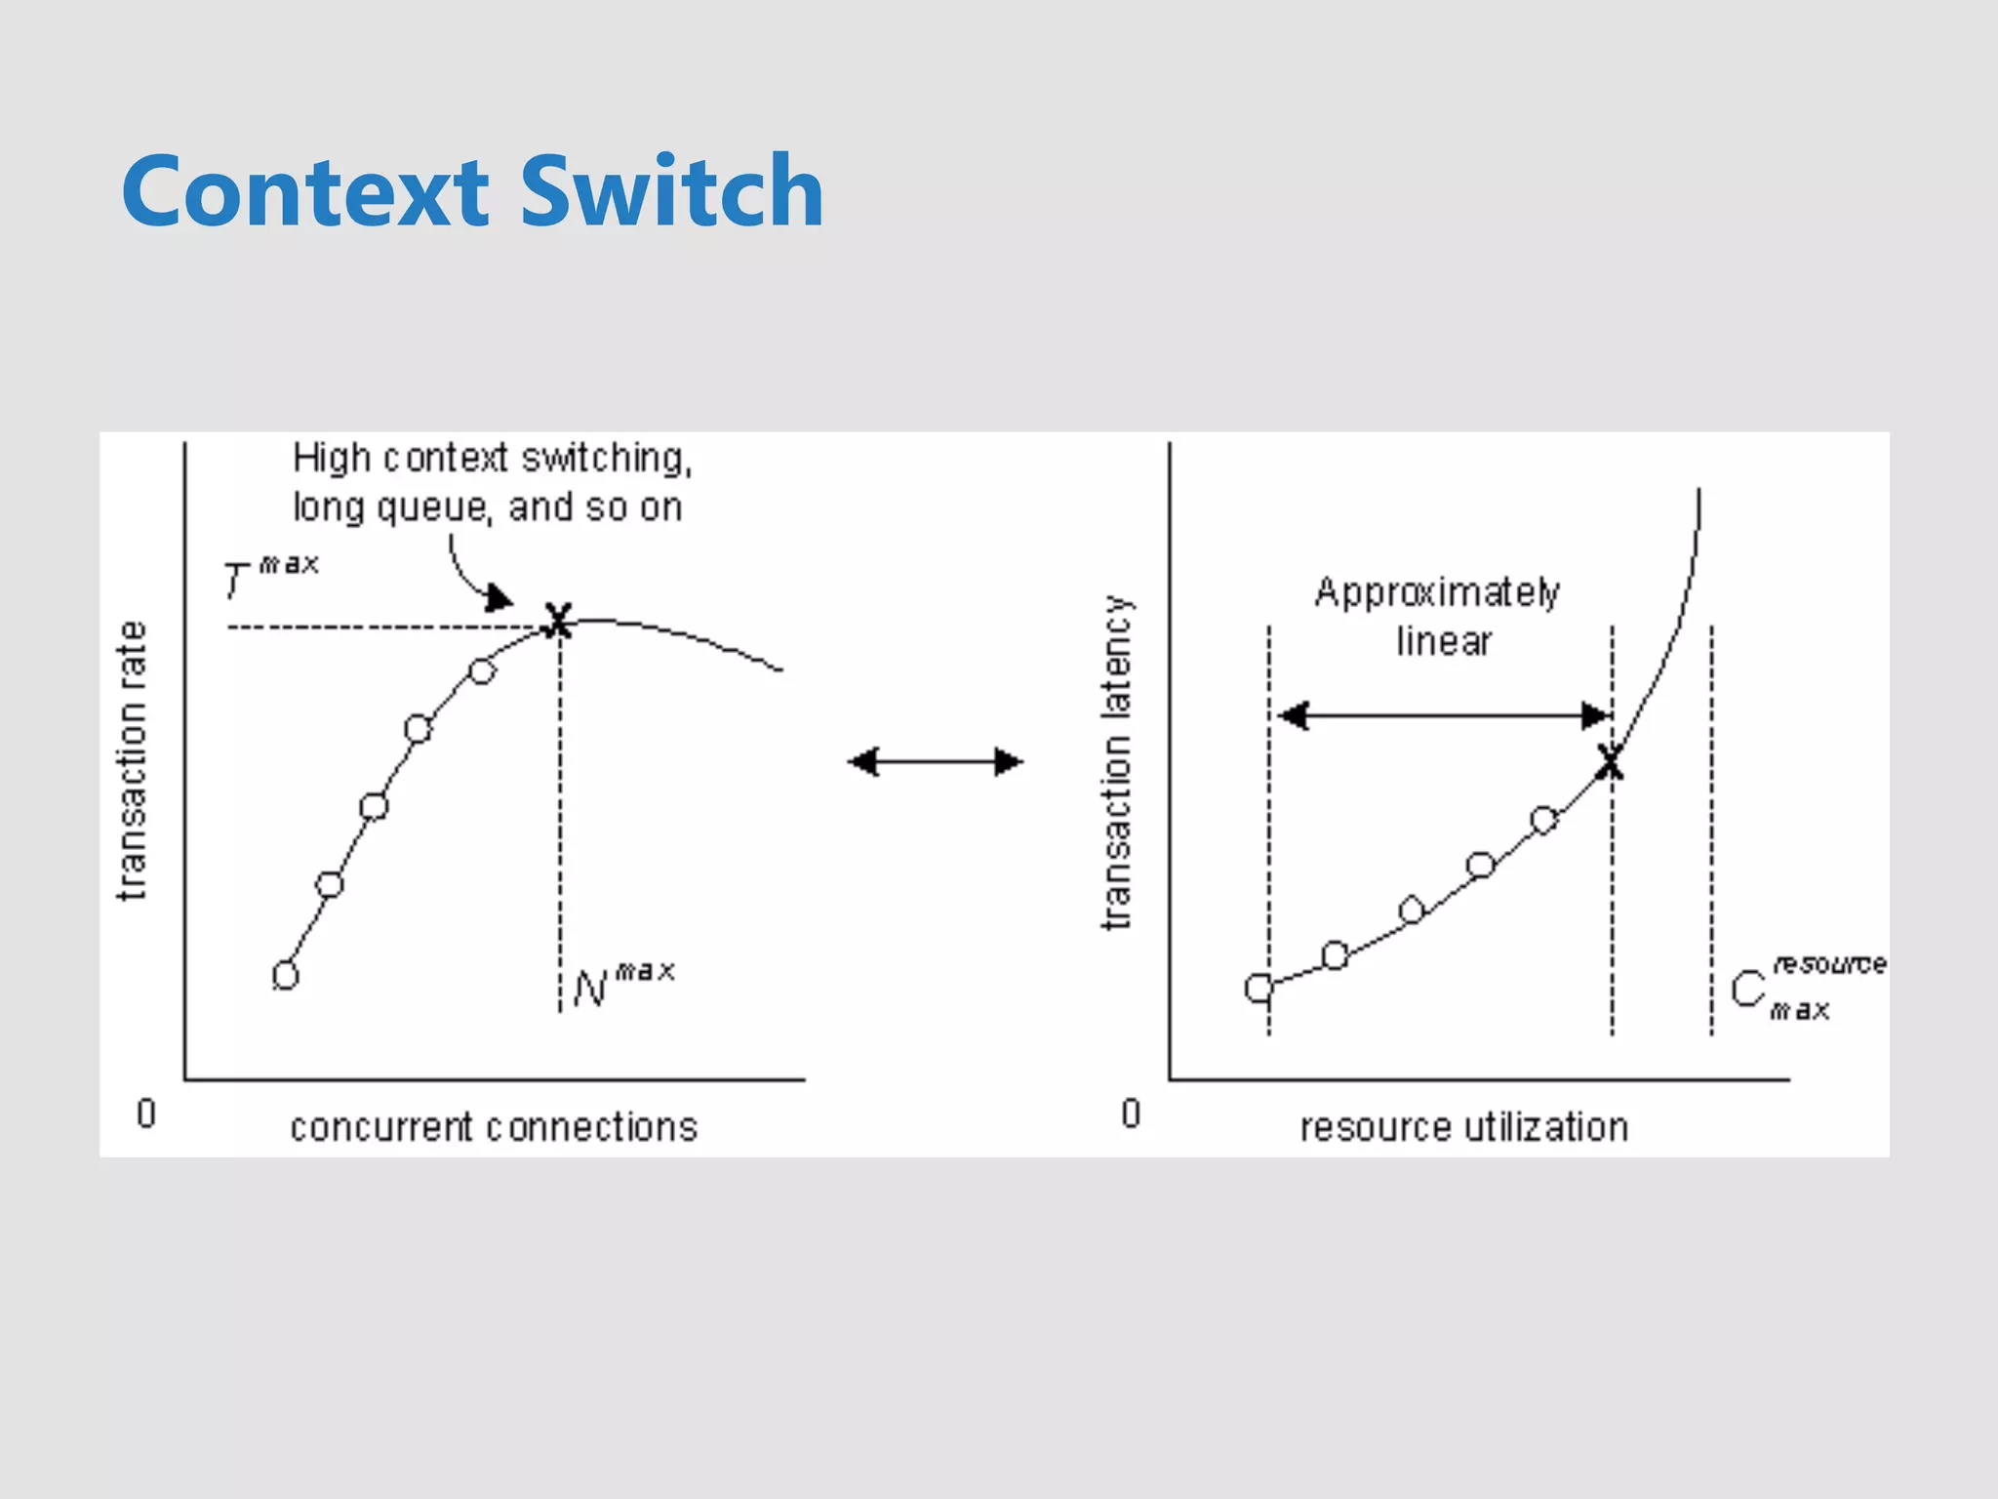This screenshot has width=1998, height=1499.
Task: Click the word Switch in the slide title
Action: click(672, 192)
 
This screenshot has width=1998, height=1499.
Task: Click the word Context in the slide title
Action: click(305, 192)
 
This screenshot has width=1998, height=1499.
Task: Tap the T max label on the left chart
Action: click(268, 577)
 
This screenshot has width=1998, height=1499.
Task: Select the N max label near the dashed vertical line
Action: click(621, 985)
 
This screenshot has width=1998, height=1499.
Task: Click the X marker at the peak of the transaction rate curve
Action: click(558, 621)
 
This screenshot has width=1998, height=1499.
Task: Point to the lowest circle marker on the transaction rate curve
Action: click(285, 975)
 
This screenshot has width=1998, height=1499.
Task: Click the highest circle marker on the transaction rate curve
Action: click(482, 671)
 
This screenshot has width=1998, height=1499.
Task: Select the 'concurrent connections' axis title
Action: click(494, 1127)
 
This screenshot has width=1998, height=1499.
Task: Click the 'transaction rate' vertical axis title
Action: click(132, 760)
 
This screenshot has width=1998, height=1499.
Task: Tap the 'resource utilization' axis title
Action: click(1463, 1127)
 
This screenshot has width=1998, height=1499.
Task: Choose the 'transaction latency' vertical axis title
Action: click(1117, 762)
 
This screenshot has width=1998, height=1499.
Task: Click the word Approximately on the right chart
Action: click(1436, 592)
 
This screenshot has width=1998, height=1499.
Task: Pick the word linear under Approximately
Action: click(1443, 642)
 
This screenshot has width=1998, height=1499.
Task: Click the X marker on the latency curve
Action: click(1611, 761)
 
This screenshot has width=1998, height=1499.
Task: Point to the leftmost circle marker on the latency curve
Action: click(1259, 989)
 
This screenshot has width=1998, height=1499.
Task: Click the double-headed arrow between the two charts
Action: click(935, 761)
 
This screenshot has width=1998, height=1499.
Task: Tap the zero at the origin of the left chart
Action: click(146, 1114)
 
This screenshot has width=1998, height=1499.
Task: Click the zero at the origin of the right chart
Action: click(1131, 1114)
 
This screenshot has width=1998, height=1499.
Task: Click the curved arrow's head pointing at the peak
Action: click(500, 597)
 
